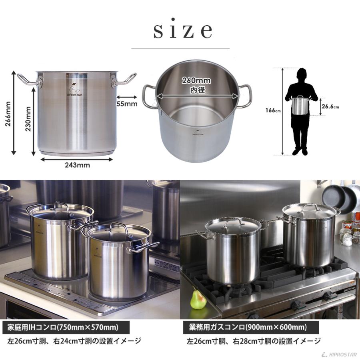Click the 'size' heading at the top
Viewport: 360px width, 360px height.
pos(182,31)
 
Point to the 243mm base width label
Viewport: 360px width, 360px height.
pos(77,164)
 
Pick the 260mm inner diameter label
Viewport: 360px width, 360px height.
pos(196,81)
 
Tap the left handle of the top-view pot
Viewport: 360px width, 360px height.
pos(148,96)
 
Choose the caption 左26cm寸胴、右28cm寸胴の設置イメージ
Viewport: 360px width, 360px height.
pos(254,341)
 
